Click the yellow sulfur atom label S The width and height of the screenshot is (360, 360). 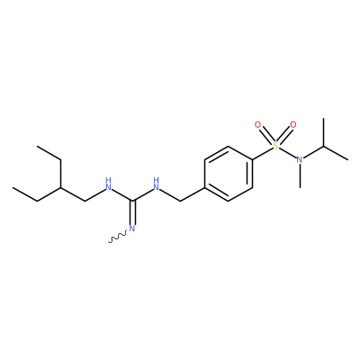(x=275, y=146)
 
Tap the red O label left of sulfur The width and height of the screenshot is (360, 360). (x=257, y=125)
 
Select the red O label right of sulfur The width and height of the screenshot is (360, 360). (x=293, y=125)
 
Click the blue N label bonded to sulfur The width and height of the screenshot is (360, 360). (x=300, y=159)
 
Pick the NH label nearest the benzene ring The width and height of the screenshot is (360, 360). (x=156, y=184)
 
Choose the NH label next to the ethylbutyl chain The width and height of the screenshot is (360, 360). (x=108, y=184)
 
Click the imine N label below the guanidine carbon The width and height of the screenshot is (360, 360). (x=132, y=229)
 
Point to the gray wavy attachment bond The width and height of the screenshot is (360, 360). (x=118, y=237)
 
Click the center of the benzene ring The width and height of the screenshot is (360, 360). (x=229, y=174)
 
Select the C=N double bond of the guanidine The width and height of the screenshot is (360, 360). (x=132, y=211)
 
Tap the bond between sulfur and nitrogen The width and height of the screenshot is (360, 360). (x=287, y=152)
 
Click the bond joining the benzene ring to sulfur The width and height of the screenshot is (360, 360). (x=262, y=154)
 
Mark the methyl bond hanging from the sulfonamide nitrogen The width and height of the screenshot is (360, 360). (x=300, y=175)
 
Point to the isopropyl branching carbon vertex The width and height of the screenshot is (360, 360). (x=324, y=146)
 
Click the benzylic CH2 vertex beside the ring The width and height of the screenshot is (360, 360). (x=181, y=201)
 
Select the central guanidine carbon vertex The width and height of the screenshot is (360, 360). (x=132, y=201)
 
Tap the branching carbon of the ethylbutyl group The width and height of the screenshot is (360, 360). (x=61, y=187)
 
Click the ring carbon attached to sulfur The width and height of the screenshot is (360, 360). (x=252, y=159)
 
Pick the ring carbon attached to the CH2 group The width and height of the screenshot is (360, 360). (x=204, y=187)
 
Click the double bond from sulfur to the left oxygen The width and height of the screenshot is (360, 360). (x=266, y=135)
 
